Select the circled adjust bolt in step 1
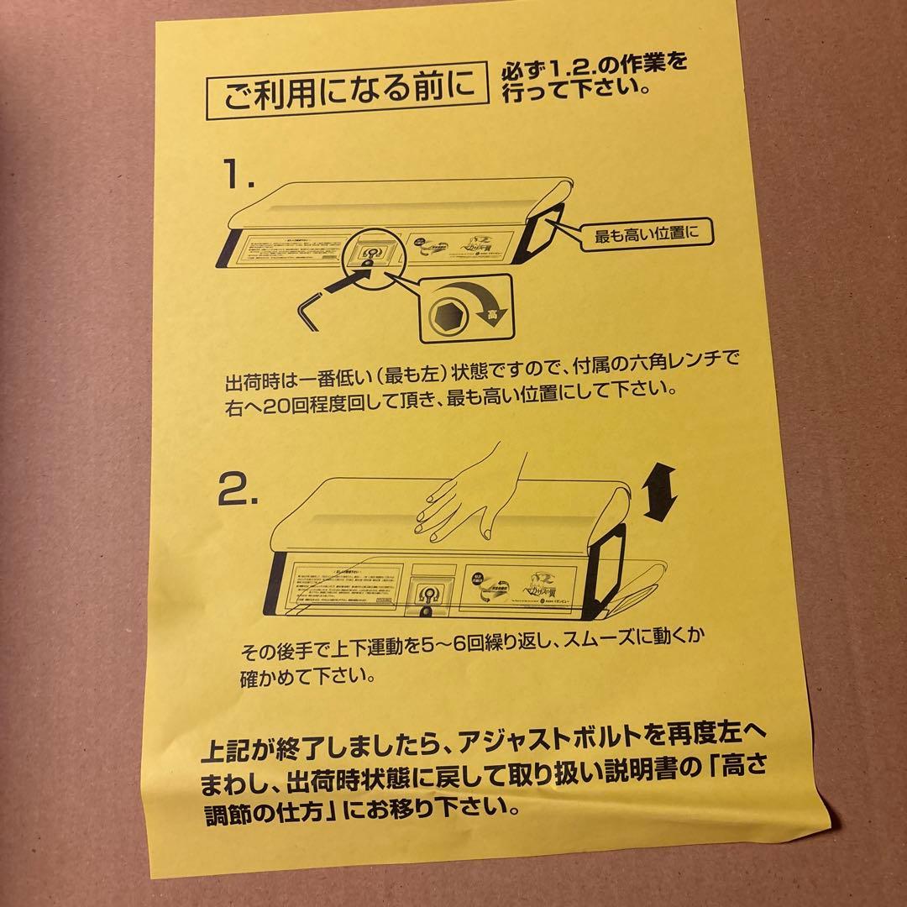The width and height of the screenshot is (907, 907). pos(369,252)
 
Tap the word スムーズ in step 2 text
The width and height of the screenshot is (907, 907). pos(616,650)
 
